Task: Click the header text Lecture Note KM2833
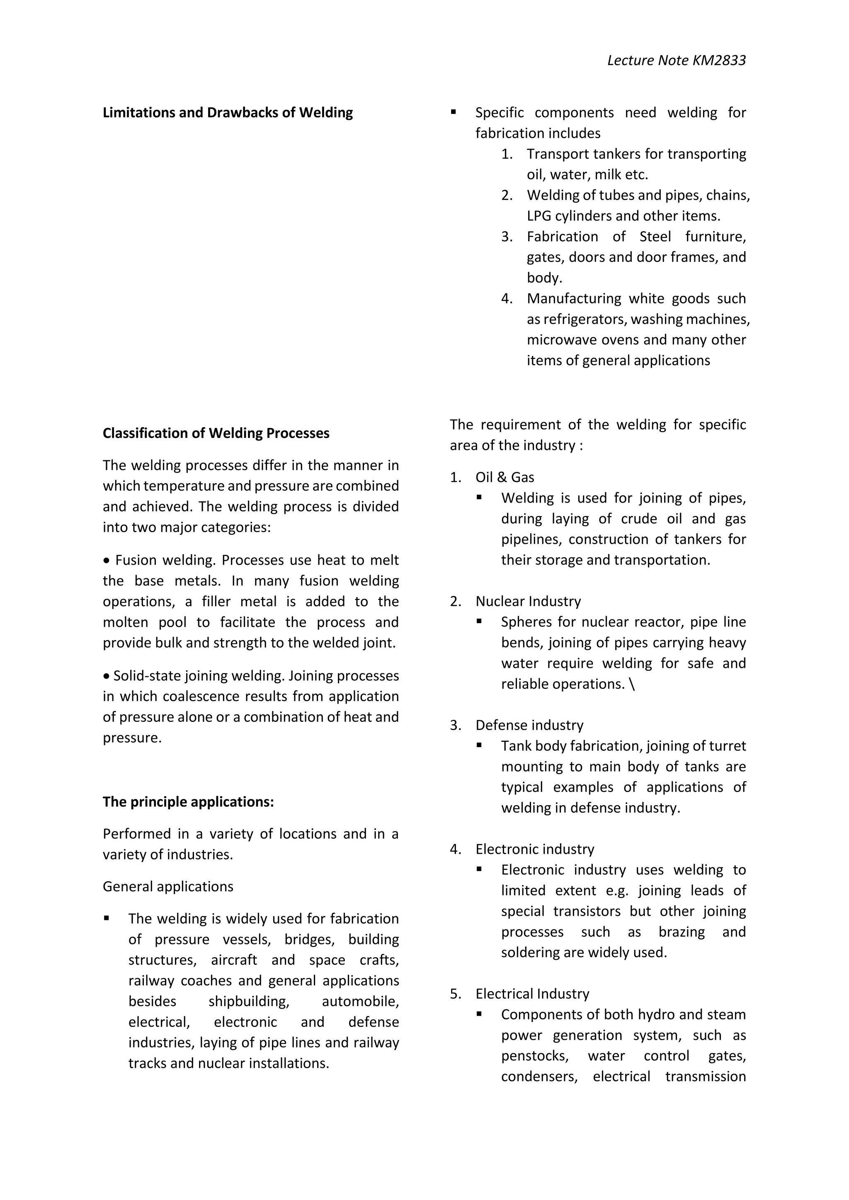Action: pyautogui.click(x=676, y=60)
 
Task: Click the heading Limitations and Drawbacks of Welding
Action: pyautogui.click(x=228, y=113)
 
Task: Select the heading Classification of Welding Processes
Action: pyautogui.click(x=216, y=433)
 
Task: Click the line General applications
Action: pyautogui.click(x=168, y=886)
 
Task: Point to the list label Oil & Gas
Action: pyautogui.click(x=505, y=477)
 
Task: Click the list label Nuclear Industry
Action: pyautogui.click(x=528, y=601)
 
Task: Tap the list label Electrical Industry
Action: pyautogui.click(x=532, y=994)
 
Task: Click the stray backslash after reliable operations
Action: pyautogui.click(x=633, y=684)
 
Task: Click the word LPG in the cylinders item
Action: pyautogui.click(x=539, y=216)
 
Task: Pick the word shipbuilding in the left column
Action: pyautogui.click(x=248, y=1002)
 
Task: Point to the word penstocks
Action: pyautogui.click(x=534, y=1056)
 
